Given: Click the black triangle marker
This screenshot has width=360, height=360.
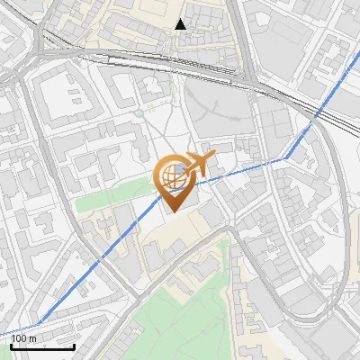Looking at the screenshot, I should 181,23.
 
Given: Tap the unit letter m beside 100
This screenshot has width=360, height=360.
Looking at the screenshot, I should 34,338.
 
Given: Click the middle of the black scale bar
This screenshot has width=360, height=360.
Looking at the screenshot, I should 42,346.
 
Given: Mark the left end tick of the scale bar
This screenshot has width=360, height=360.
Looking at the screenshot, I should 11,345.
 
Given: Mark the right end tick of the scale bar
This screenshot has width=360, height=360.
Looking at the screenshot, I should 74,345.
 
